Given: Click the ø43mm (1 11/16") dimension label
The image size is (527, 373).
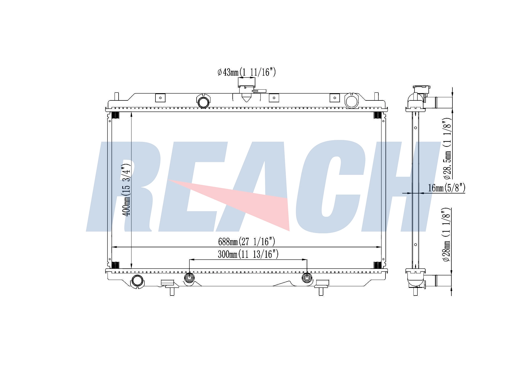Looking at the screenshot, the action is pyautogui.click(x=247, y=72).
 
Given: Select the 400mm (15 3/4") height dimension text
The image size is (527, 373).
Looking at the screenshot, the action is pyautogui.click(x=126, y=190).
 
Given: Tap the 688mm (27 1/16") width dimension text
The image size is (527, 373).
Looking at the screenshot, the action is pyautogui.click(x=247, y=241).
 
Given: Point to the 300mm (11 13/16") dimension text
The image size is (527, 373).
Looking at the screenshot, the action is pyautogui.click(x=248, y=254).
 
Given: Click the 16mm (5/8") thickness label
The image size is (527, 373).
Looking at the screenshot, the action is pyautogui.click(x=447, y=188).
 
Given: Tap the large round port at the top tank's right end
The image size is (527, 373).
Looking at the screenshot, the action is pyautogui.click(x=352, y=100).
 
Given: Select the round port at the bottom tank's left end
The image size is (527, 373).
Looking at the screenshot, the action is pyautogui.click(x=137, y=281).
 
